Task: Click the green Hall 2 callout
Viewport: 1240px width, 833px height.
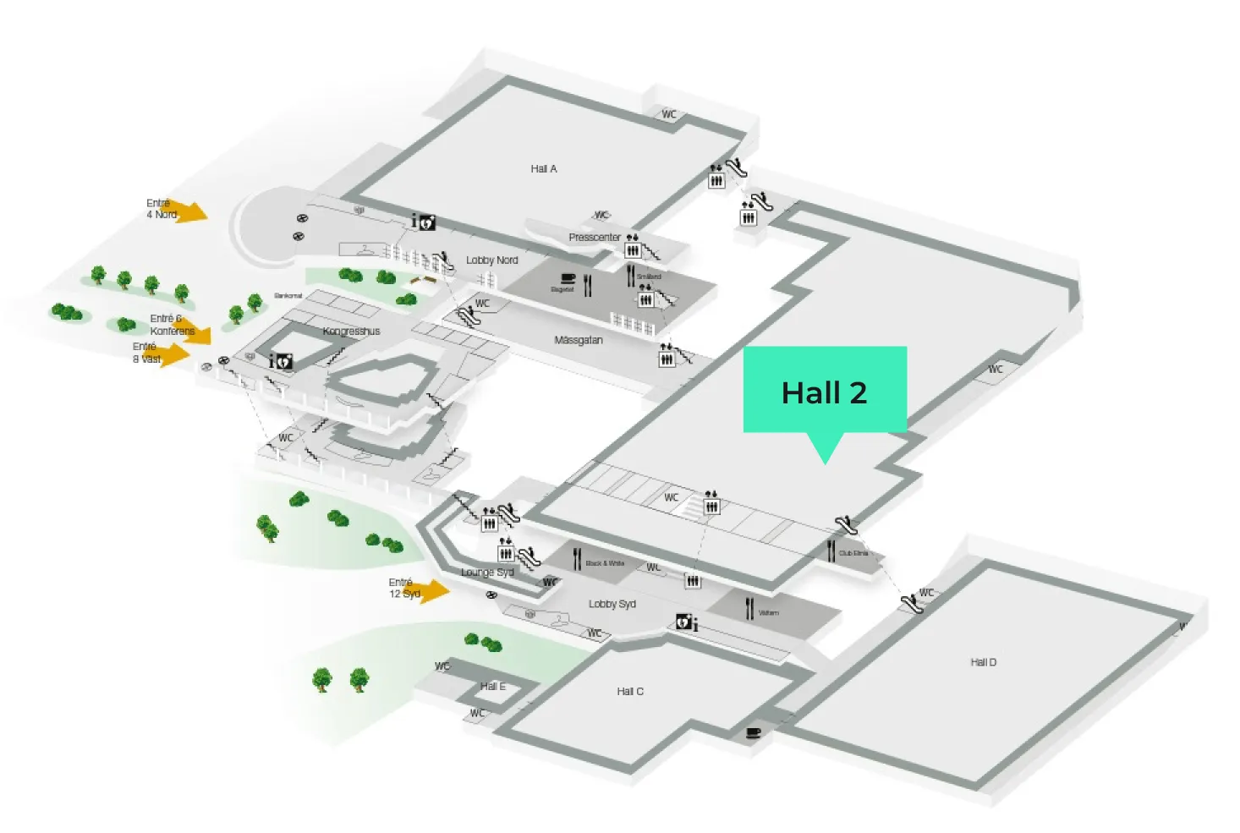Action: (x=825, y=391)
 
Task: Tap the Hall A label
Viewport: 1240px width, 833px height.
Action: (x=544, y=169)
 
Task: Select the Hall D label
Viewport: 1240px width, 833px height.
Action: (x=983, y=662)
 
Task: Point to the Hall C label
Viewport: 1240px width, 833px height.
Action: (x=630, y=692)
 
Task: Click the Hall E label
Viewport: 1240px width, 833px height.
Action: (x=492, y=686)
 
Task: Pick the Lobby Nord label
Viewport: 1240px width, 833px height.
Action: (x=491, y=260)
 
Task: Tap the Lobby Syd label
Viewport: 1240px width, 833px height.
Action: (x=612, y=604)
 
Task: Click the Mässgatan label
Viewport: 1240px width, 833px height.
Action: (x=579, y=340)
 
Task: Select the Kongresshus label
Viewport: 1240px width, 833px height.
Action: (x=351, y=332)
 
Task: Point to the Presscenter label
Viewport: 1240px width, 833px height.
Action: (x=595, y=238)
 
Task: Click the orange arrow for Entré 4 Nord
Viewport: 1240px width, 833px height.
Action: (x=194, y=211)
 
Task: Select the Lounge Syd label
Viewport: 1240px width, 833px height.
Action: (x=487, y=573)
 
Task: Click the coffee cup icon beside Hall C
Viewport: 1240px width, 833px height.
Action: (x=754, y=733)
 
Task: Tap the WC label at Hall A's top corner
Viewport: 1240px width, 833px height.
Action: (x=669, y=114)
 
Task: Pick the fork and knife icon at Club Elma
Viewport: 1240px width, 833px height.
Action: (x=831, y=551)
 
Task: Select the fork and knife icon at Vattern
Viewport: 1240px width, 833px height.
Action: (x=749, y=609)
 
